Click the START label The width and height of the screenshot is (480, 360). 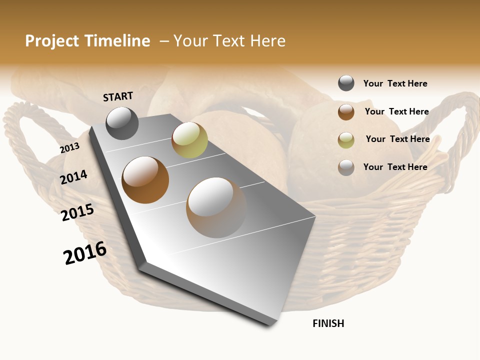point(118,96)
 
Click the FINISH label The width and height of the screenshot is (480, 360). point(328,323)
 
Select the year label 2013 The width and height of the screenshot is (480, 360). point(69,148)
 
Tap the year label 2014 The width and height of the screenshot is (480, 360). point(73,177)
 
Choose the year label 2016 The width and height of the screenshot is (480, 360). point(85,253)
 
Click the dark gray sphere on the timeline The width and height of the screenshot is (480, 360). point(122,123)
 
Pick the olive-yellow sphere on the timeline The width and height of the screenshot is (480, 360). point(189,140)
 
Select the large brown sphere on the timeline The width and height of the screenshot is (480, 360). point(145,180)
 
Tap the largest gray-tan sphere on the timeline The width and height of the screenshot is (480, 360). point(216,207)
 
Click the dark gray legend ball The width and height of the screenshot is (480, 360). point(346,83)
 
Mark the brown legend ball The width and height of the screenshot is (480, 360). point(346,112)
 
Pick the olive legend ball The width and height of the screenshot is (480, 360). point(346,140)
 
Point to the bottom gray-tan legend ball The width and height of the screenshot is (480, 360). point(346,167)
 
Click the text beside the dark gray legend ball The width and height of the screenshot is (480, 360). point(395,83)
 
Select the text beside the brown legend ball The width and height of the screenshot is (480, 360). point(396,111)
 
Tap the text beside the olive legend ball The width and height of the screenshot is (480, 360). point(397,139)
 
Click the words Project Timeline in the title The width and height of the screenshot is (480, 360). point(87,41)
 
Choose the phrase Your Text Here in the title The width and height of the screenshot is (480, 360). point(229,41)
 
